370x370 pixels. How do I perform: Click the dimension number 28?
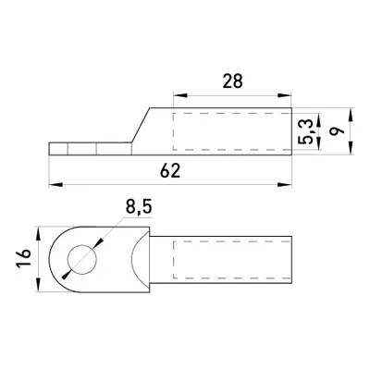(x=233, y=81)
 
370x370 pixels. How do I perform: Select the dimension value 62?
(x=170, y=170)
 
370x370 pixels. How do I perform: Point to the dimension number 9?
(x=337, y=130)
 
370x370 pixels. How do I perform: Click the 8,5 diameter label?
(x=139, y=207)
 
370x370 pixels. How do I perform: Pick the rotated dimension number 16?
(x=24, y=258)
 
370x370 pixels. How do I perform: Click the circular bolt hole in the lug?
(x=82, y=260)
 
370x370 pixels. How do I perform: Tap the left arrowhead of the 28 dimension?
(x=180, y=95)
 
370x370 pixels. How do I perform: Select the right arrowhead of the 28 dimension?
(x=284, y=95)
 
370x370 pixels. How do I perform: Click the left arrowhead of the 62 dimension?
(x=55, y=185)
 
